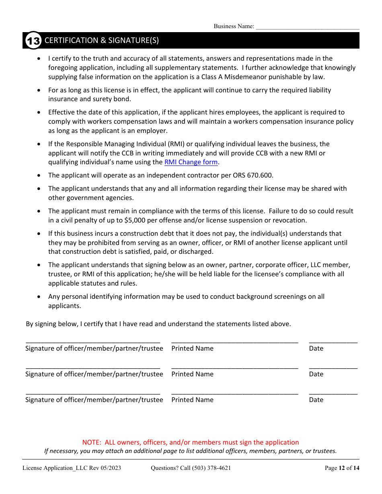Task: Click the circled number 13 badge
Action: (x=33, y=41)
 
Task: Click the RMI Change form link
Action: (x=191, y=162)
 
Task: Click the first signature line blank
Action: (x=93, y=341)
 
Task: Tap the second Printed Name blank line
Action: (x=234, y=367)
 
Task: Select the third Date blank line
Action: (x=333, y=392)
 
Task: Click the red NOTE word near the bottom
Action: (x=91, y=442)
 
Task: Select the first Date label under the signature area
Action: (x=316, y=348)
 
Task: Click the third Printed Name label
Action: (x=192, y=400)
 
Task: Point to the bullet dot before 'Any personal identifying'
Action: (x=39, y=296)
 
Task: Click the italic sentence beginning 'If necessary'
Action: (x=190, y=451)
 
